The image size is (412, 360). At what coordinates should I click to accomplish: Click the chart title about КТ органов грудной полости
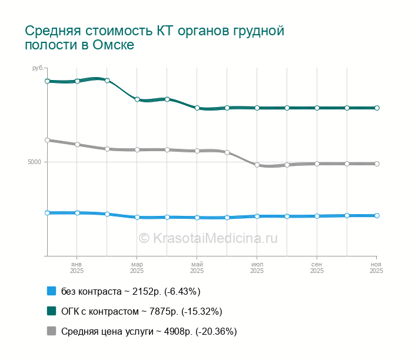click(154, 38)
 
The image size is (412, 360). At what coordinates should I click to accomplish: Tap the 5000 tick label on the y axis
click(35, 162)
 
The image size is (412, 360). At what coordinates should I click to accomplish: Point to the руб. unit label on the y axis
click(38, 69)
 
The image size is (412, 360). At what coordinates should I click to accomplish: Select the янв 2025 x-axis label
click(77, 268)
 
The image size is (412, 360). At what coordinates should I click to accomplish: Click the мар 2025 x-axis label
click(137, 268)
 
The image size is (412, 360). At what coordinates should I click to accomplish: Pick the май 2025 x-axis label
click(197, 268)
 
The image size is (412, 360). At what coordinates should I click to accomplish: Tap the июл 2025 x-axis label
click(257, 268)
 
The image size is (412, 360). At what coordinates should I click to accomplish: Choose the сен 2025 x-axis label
click(317, 268)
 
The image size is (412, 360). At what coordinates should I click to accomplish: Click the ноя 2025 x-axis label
click(376, 268)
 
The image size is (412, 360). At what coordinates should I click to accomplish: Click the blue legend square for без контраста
click(51, 291)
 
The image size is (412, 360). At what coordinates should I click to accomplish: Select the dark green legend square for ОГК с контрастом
click(51, 311)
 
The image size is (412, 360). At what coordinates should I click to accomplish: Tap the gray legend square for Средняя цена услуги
click(51, 331)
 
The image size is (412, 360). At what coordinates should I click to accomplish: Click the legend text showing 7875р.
click(142, 311)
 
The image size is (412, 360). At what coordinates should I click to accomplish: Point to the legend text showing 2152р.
click(131, 291)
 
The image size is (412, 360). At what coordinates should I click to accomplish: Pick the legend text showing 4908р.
click(149, 331)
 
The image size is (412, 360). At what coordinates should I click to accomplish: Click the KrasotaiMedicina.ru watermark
click(208, 238)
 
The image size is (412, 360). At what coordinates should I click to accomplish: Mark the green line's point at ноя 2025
click(377, 108)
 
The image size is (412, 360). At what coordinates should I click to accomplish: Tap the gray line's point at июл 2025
click(257, 165)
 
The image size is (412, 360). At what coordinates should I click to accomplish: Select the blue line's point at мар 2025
click(137, 217)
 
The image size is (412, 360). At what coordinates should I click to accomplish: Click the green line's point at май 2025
click(197, 108)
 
